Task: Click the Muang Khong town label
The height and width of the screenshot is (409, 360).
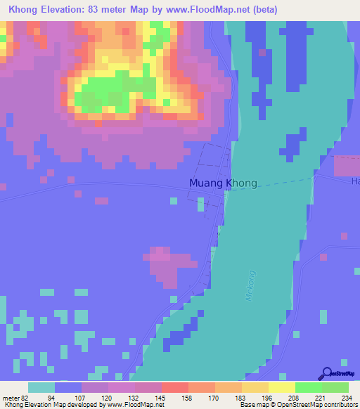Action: pyautogui.click(x=223, y=183)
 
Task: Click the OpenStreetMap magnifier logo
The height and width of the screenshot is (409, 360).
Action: pyautogui.click(x=326, y=373)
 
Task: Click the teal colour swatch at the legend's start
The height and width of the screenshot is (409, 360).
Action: pyautogui.click(x=41, y=387)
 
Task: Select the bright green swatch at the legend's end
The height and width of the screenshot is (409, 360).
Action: pyautogui.click(x=335, y=387)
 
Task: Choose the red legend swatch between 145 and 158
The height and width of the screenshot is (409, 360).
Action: pyautogui.click(x=174, y=387)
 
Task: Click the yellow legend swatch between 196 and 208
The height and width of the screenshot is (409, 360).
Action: pyautogui.click(x=281, y=387)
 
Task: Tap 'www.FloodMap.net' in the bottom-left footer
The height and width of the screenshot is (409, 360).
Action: pyautogui.click(x=135, y=405)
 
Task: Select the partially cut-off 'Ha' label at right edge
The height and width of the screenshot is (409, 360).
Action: pyautogui.click(x=355, y=182)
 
